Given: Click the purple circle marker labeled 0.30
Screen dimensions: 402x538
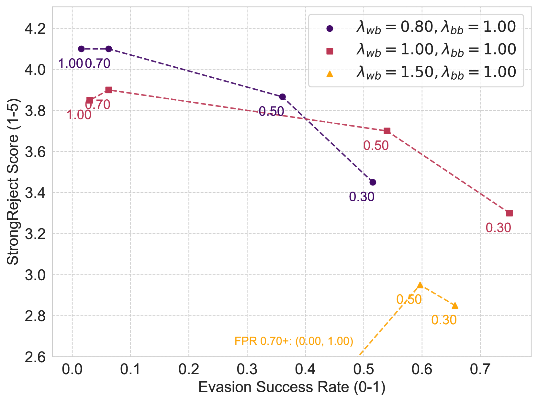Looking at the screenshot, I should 373,182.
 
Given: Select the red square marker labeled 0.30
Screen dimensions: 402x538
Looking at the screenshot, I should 509,213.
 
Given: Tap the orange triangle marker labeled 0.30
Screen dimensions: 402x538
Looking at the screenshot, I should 455,306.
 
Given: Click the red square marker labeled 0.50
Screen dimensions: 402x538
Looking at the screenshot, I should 387,131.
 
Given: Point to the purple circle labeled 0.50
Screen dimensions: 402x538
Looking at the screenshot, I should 282,97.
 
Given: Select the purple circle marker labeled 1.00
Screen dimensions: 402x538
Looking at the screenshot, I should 81,49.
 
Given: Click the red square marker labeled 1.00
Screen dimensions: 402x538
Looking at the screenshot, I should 90,100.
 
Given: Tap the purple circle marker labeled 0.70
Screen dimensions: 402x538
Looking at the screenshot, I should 109,49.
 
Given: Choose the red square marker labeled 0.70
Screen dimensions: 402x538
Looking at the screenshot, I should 109,90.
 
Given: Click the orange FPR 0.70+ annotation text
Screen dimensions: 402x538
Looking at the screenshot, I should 294,341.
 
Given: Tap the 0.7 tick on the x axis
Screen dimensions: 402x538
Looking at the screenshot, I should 480,370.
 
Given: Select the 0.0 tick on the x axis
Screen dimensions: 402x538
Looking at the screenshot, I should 72,370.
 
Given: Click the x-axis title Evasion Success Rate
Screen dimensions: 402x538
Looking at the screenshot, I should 292,387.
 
